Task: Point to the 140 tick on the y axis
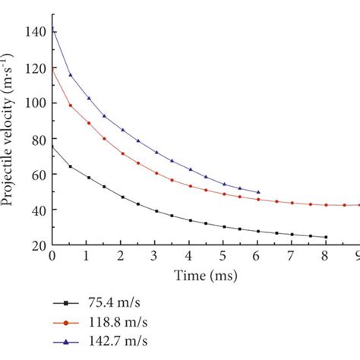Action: [35, 32]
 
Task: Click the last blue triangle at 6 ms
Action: [258, 192]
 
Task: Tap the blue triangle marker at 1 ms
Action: [87, 98]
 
